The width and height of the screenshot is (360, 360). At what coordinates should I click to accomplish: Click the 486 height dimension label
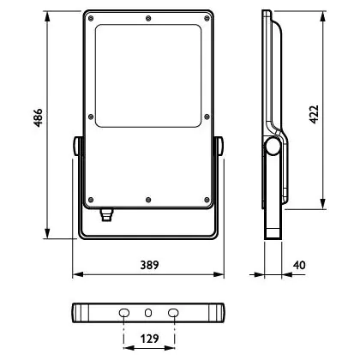(38, 117)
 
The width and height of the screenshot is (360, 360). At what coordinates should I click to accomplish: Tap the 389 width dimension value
(149, 265)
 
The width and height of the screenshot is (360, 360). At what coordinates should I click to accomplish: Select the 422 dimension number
(314, 115)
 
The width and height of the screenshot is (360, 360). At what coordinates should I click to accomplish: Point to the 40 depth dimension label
(299, 265)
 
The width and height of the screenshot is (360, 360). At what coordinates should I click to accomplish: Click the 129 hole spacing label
(149, 339)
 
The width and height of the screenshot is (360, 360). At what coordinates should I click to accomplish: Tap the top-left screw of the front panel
(91, 19)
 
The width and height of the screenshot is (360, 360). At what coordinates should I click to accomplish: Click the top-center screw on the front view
(148, 19)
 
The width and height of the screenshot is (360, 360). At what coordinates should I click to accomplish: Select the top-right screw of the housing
(207, 19)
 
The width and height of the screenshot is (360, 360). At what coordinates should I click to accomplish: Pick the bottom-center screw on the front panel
(148, 200)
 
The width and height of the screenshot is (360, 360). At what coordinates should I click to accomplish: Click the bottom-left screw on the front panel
(91, 200)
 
